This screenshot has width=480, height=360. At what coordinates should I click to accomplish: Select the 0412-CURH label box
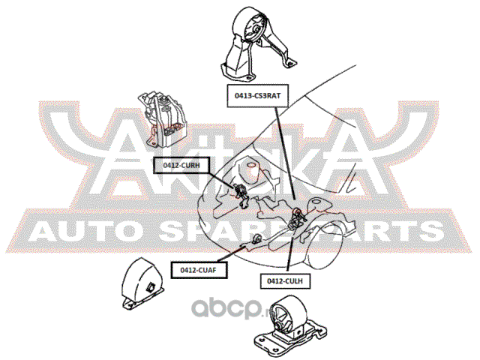click(178, 165)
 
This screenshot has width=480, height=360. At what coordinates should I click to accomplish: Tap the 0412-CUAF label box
click(198, 270)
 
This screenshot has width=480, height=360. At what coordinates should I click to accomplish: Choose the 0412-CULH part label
click(285, 280)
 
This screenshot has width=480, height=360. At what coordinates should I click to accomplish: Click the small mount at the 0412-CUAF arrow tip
click(256, 239)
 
